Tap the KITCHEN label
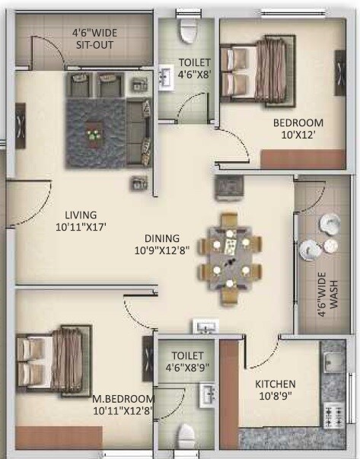pos(275,384)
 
